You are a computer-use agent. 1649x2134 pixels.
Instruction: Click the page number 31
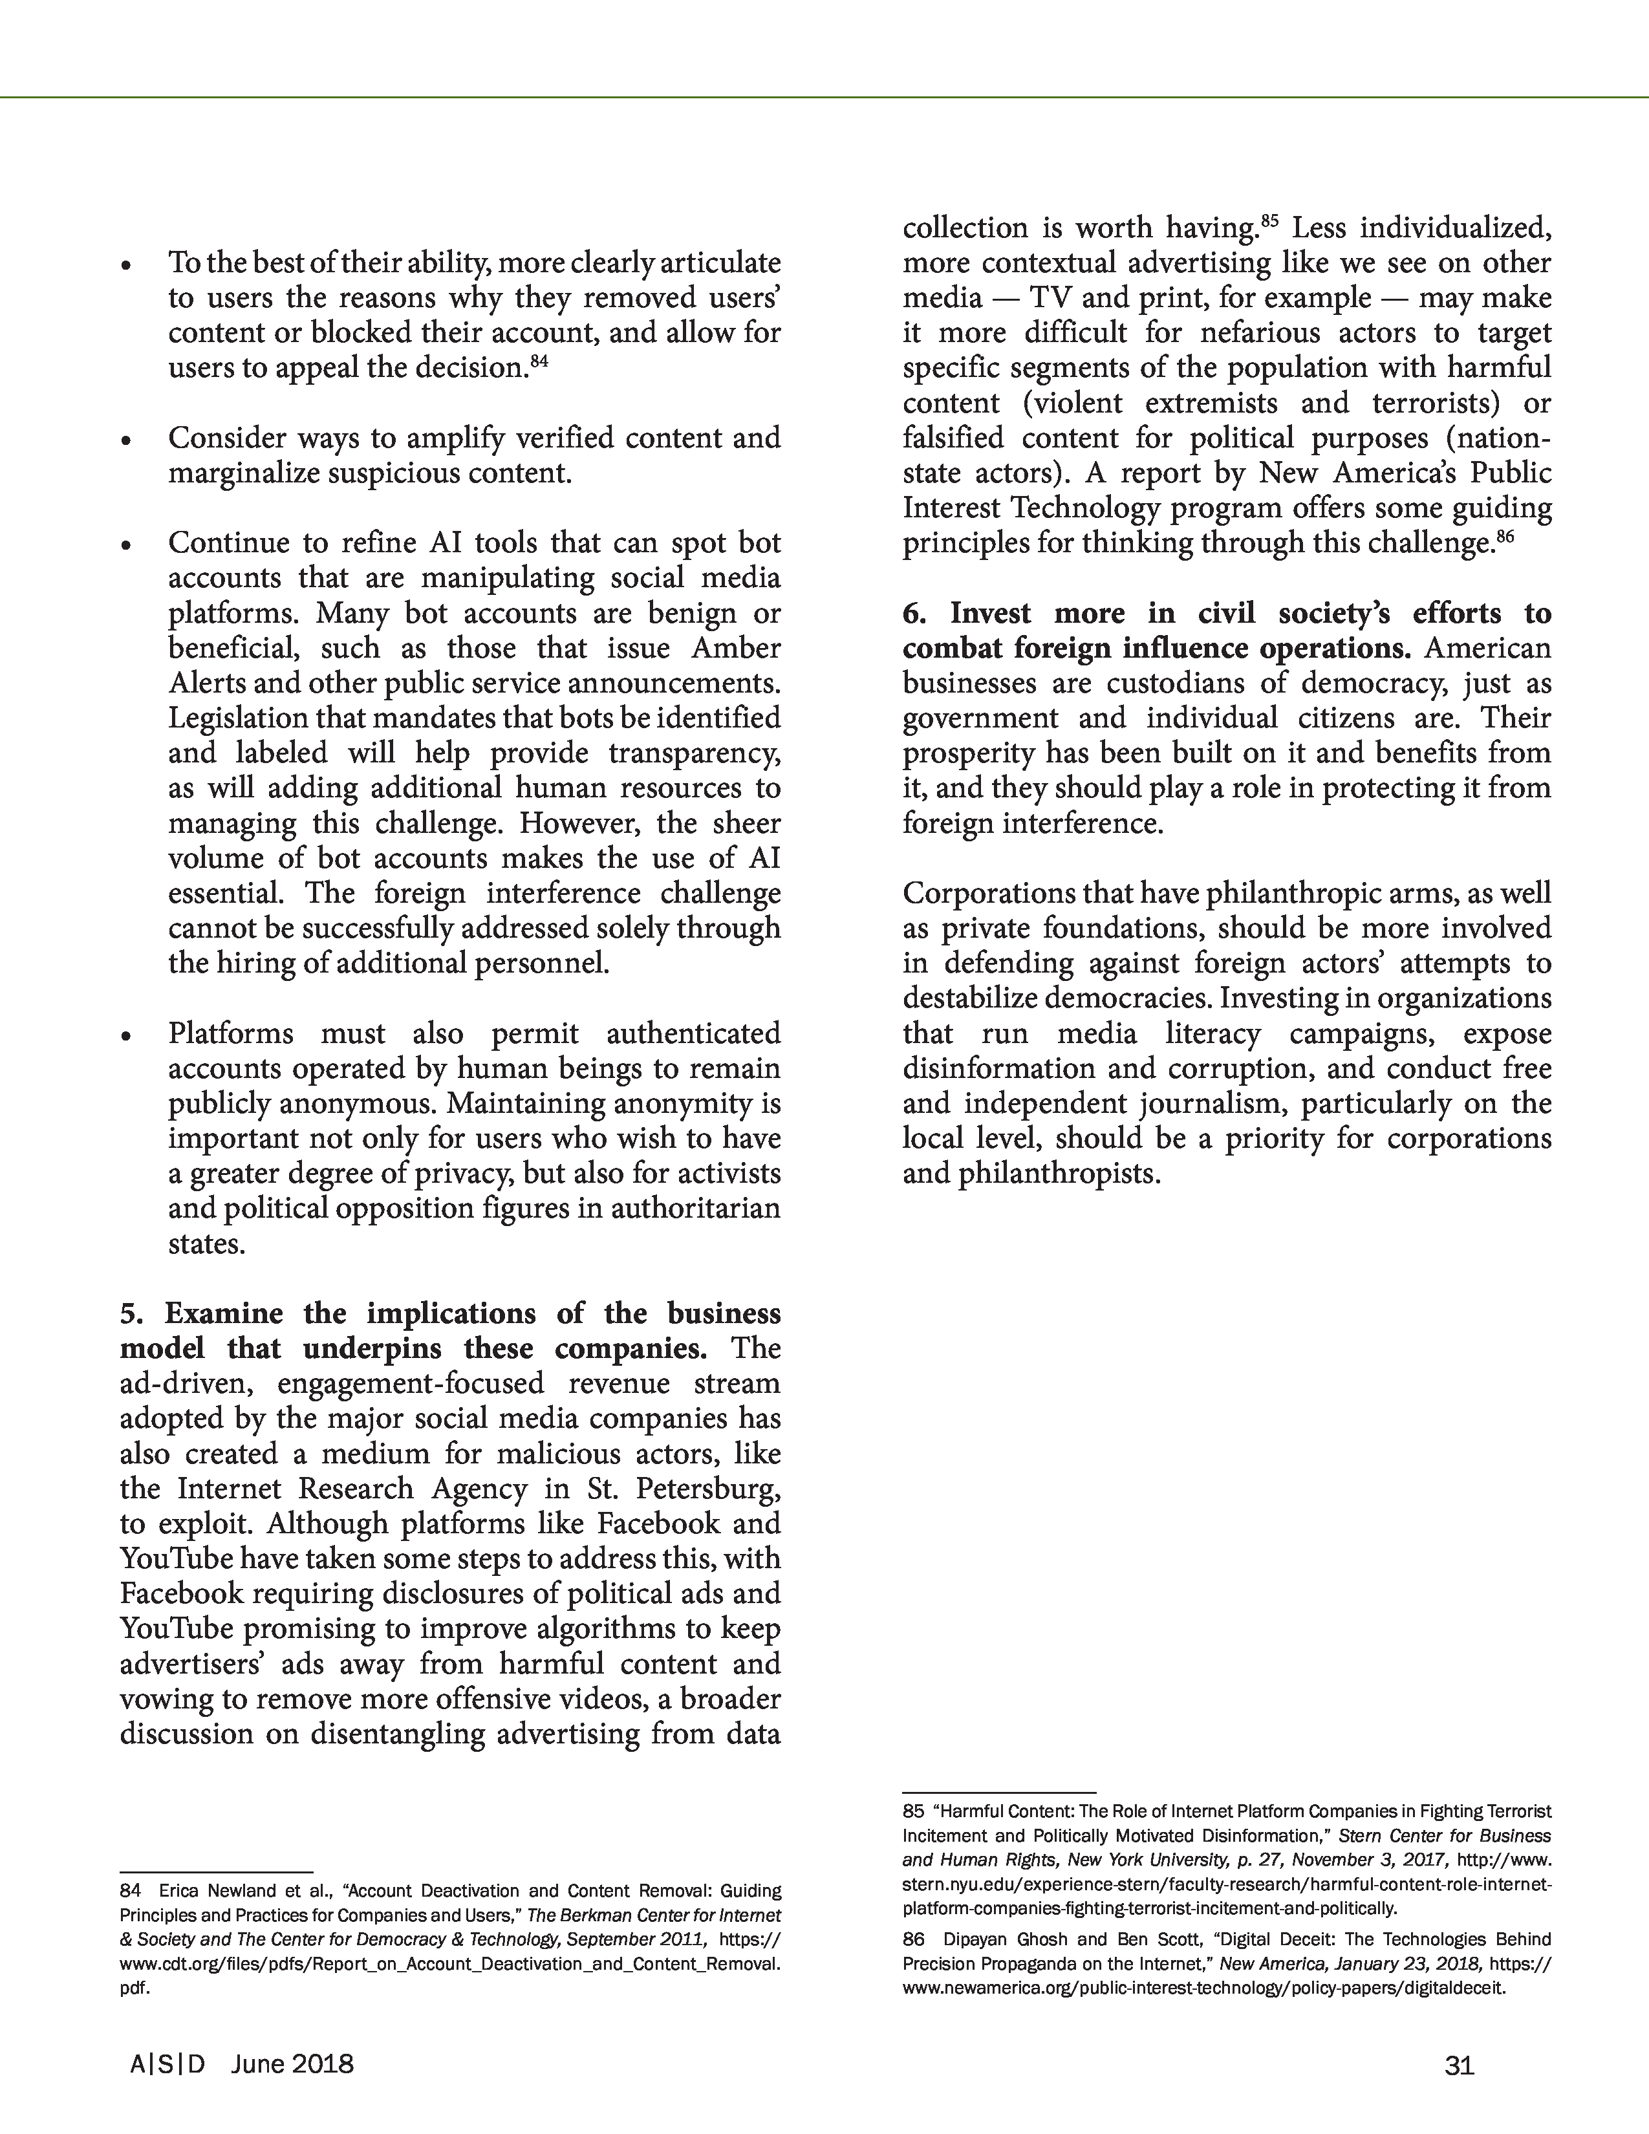(1458, 2065)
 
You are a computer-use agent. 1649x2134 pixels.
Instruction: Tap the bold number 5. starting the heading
(132, 1313)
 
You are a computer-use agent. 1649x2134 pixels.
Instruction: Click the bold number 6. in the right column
(914, 614)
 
